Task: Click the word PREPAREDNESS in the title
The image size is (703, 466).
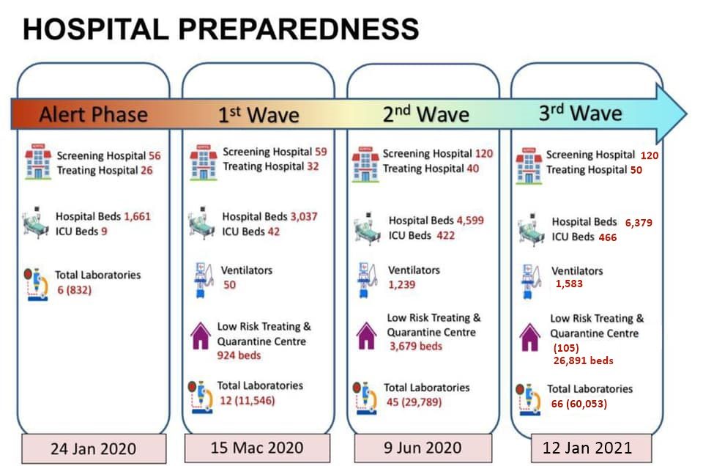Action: point(299,29)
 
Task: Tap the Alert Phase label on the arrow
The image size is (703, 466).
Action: point(93,114)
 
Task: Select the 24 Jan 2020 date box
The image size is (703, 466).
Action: point(94,448)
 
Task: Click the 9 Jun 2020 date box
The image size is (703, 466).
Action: point(423,448)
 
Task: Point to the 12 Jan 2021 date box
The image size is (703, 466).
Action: point(591,448)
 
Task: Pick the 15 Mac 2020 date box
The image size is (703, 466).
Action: point(257,448)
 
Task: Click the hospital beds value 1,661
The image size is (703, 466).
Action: point(137,216)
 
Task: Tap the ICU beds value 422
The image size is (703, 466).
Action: point(446,235)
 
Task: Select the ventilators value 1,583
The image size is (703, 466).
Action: point(569,284)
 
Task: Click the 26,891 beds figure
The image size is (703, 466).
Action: point(584,360)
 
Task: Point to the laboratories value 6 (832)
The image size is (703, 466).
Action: point(75,290)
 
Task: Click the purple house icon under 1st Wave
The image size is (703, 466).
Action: point(201,336)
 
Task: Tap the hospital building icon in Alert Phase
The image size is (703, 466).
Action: point(38,161)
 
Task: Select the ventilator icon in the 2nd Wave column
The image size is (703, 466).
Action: point(367,280)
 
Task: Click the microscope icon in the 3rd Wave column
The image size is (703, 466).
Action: point(529,399)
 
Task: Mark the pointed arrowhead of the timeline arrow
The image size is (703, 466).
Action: point(686,114)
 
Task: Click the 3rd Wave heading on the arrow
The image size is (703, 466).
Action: point(580,113)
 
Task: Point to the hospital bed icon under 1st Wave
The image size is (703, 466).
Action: point(201,223)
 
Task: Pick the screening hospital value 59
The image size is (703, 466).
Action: point(321,152)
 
